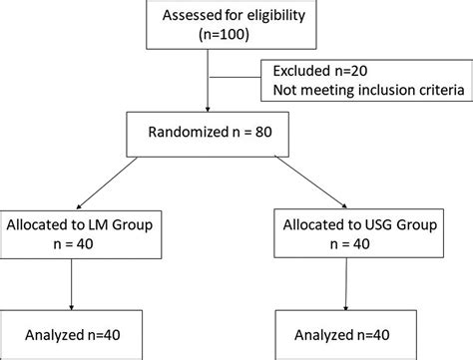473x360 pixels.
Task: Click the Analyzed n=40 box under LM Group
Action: [78, 332]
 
